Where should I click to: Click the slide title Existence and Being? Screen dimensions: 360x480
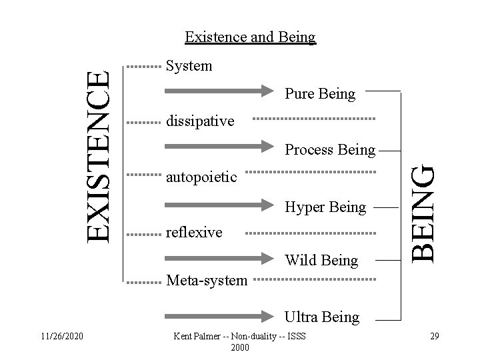250,37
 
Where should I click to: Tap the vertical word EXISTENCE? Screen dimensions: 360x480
101,155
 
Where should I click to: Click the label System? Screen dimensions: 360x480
189,66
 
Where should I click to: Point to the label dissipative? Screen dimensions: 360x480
200,121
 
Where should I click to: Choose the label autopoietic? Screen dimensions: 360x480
201,177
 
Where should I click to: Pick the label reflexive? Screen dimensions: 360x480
194,232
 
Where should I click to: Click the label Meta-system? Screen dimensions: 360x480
206,281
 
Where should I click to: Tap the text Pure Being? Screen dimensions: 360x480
320,94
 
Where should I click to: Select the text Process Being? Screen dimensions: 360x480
330,150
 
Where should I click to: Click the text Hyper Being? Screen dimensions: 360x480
325,207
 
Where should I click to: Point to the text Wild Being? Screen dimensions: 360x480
321,260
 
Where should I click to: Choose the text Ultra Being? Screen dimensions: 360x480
322,317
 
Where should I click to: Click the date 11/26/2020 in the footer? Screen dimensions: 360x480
61,335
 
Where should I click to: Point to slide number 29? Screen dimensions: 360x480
434,335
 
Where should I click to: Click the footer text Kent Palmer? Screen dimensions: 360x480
239,336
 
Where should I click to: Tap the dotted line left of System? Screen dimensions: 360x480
144,67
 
